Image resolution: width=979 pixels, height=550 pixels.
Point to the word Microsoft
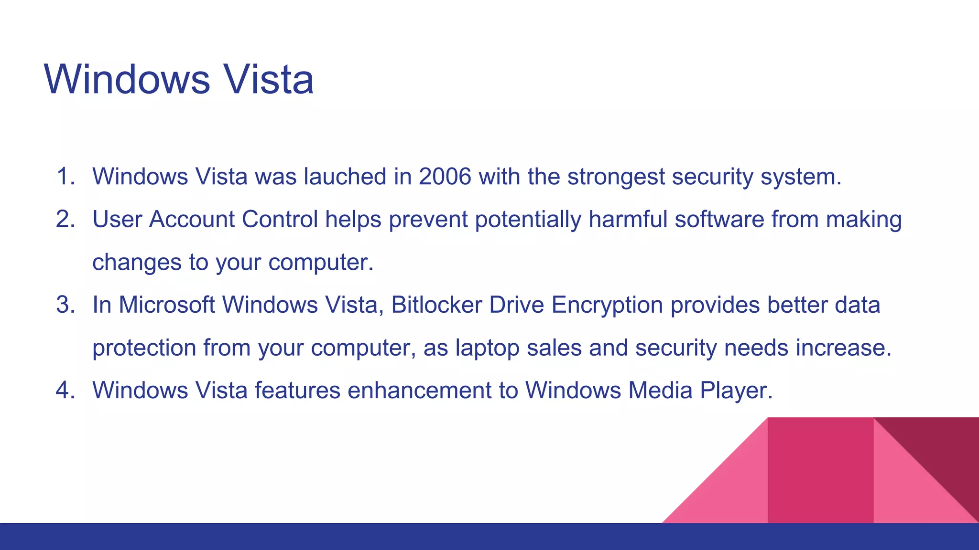[x=167, y=305]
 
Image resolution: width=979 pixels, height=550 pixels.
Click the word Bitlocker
[x=436, y=305]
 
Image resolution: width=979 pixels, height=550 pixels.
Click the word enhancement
[x=420, y=391]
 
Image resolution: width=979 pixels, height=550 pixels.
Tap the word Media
[x=660, y=391]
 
